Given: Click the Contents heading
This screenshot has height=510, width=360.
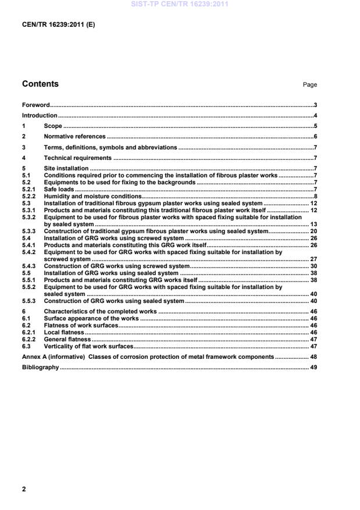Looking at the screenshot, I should click(40, 84).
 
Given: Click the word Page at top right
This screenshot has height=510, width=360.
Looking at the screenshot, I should click(309, 85).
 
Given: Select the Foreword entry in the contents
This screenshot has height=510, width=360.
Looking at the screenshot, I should click(35, 105).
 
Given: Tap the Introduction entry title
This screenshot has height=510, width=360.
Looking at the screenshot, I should click(40, 116).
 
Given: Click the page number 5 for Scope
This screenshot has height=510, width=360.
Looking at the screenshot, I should click(315, 126).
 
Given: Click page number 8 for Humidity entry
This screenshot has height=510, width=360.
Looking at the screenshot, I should click(315, 197).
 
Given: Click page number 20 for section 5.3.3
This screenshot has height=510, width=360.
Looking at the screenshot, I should click(313, 231).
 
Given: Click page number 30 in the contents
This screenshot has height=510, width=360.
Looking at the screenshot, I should click(313, 266).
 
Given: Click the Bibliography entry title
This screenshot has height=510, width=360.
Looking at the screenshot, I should click(41, 368).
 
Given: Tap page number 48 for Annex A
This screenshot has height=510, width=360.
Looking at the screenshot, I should click(313, 357).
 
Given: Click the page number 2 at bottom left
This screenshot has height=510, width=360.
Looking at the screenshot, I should click(24, 489).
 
